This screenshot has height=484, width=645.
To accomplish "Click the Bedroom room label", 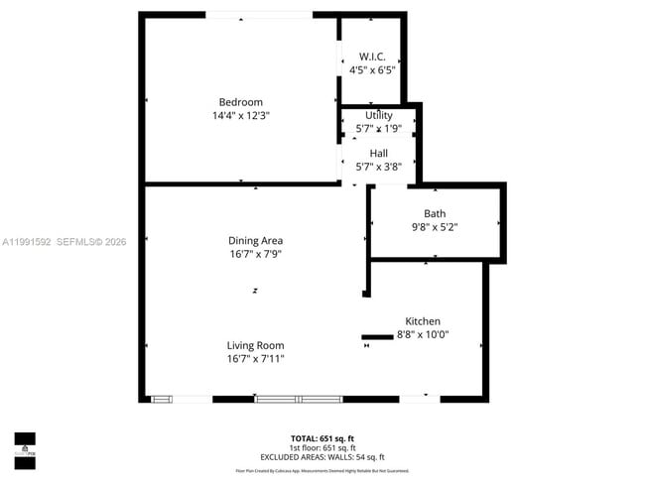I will [x=240, y=102].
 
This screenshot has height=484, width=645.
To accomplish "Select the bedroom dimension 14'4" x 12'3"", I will [x=240, y=116].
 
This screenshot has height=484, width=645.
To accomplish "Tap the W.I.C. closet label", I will [x=372, y=56].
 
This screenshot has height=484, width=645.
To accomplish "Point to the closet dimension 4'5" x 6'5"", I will [x=372, y=70].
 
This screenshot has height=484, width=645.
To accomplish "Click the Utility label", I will [x=378, y=116].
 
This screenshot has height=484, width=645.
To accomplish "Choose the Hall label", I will [x=378, y=153].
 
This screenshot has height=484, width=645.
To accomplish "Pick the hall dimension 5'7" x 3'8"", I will [x=378, y=167].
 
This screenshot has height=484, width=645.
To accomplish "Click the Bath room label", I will [x=435, y=213].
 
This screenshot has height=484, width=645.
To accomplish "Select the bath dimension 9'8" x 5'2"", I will [x=435, y=227].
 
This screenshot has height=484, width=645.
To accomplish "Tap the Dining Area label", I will [x=256, y=240].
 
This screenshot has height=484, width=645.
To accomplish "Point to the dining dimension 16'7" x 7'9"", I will [x=256, y=255].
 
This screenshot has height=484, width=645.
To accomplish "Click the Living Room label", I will [x=255, y=345].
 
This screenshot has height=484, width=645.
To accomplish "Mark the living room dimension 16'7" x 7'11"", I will [x=255, y=359].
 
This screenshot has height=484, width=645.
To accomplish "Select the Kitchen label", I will [x=422, y=321].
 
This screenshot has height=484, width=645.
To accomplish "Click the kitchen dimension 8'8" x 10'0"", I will [x=422, y=335].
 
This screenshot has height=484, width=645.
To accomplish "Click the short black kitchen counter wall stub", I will [x=377, y=337].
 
